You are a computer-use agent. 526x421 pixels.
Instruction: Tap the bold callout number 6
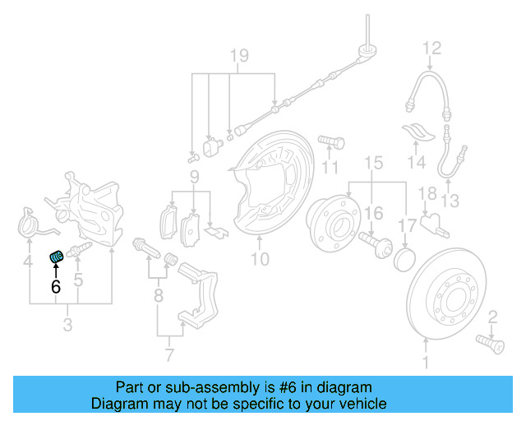pos(56,287)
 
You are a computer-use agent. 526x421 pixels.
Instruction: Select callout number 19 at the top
pos(238,56)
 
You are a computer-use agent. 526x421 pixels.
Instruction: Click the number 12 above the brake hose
pos(432,49)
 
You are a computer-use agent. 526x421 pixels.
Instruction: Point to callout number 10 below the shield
pos(260,261)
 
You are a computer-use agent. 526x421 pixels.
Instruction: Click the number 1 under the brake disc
pos(426,361)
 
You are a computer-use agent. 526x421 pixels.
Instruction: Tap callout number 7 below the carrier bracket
pos(170,356)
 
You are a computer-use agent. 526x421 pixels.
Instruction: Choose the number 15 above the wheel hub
pos(374,163)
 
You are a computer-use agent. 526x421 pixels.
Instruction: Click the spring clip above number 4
pos(30,224)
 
